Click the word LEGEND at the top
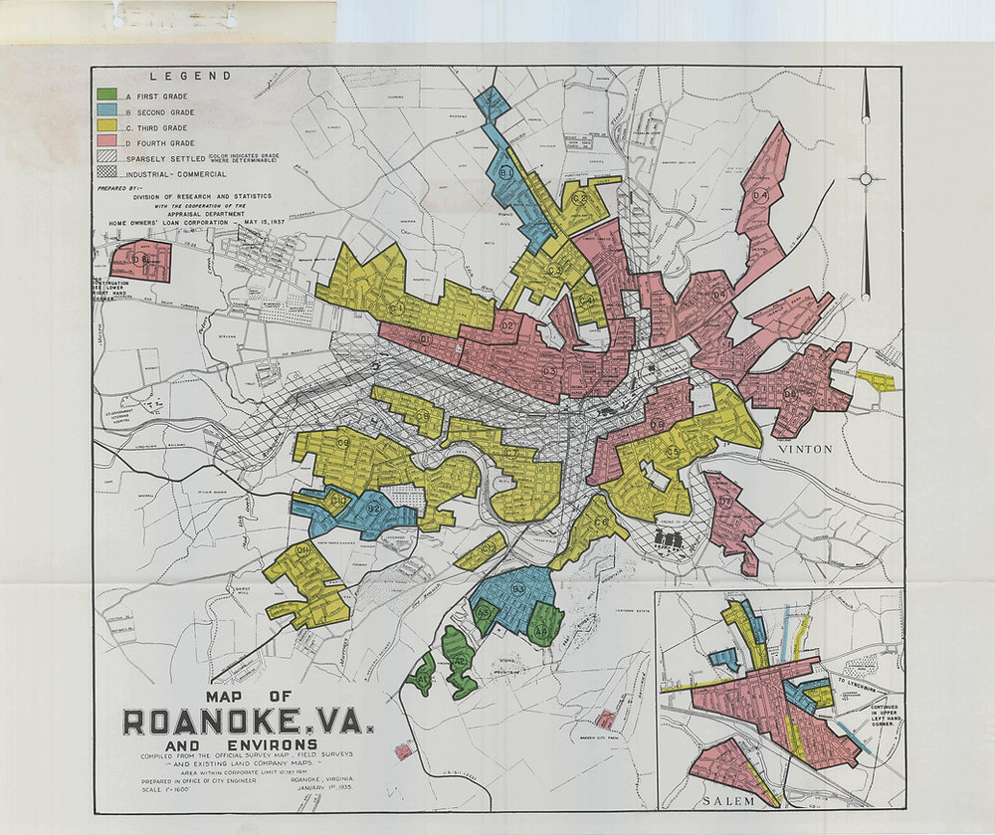[190, 76]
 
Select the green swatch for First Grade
[106, 96]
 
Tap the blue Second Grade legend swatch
[106, 111]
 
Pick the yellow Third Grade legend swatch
[106, 127]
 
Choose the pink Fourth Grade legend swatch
[106, 143]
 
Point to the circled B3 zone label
[518, 589]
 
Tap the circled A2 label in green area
[459, 660]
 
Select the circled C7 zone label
[511, 454]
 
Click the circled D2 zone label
[506, 324]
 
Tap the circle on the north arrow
[866, 179]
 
